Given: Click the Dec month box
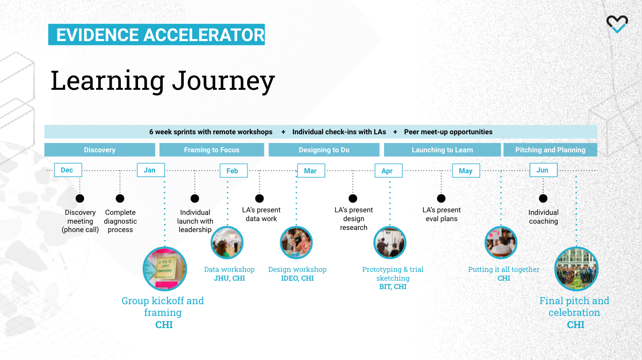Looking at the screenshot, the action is [x=68, y=170].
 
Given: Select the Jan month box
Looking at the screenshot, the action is [x=151, y=170].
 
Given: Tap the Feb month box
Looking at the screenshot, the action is [x=234, y=170].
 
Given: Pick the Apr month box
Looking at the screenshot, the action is [x=389, y=170].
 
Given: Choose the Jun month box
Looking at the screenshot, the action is [x=543, y=170].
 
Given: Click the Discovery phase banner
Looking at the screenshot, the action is [x=100, y=150].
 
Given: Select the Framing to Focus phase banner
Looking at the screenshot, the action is [x=211, y=150].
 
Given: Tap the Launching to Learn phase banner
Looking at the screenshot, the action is [x=442, y=150].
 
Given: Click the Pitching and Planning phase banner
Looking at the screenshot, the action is [x=550, y=150].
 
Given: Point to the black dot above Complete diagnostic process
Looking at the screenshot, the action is [x=120, y=198].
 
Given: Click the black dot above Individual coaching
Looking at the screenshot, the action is [x=543, y=198].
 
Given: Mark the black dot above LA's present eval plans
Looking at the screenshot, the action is [x=441, y=198].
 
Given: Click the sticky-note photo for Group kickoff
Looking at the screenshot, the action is [x=165, y=269].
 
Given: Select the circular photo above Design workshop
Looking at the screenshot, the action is [x=296, y=243].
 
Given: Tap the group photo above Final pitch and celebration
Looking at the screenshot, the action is [x=577, y=269].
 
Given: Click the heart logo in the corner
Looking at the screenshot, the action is [x=617, y=24].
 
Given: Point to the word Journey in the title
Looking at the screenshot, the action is [x=223, y=81].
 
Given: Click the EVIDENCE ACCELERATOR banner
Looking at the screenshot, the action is [x=157, y=34].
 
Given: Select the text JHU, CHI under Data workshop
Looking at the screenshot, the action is [x=229, y=278].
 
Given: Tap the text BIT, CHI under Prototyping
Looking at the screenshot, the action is [x=393, y=287].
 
